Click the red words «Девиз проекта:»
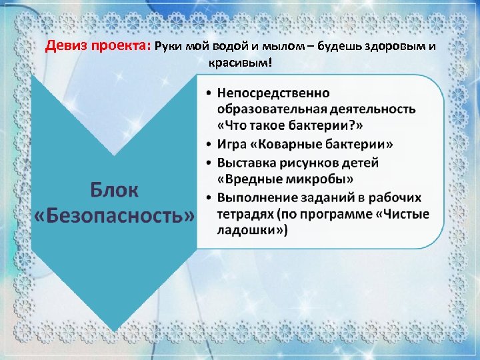tap(98, 47)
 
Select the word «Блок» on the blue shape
tap(115, 190)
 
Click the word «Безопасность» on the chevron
tap(115, 216)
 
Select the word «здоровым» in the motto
tap(391, 47)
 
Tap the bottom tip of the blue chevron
tap(114, 330)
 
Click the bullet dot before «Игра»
tap(209, 145)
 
